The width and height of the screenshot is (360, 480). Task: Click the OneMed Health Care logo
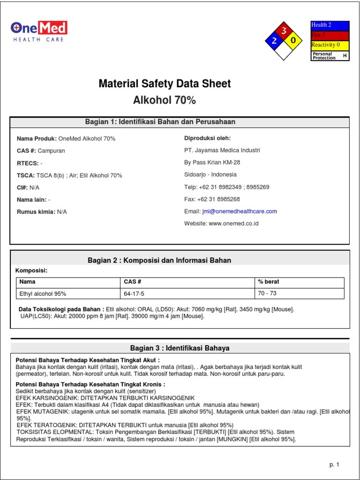click(39, 31)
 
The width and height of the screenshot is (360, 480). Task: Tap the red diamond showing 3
click(283, 31)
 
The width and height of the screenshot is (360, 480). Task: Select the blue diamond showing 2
click(273, 41)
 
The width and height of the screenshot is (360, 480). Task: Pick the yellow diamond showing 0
click(293, 41)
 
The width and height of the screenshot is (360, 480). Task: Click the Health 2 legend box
click(330, 25)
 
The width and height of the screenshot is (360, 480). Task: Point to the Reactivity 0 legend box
click(330, 45)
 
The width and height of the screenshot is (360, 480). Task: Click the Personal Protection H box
click(330, 56)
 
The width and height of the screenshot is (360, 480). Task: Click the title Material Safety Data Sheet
click(165, 84)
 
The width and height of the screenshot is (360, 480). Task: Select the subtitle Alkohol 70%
click(165, 100)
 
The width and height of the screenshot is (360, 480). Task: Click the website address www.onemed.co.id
click(233, 224)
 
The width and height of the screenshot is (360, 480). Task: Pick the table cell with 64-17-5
click(134, 294)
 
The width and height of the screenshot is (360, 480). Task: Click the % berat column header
click(268, 282)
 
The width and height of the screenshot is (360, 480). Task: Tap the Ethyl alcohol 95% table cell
click(43, 294)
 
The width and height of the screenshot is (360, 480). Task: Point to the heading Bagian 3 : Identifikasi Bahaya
click(180, 348)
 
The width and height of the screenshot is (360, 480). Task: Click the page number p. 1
click(334, 465)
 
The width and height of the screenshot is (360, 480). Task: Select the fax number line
click(212, 199)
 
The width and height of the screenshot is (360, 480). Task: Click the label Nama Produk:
click(37, 139)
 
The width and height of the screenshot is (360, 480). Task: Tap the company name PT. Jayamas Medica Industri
click(222, 150)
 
